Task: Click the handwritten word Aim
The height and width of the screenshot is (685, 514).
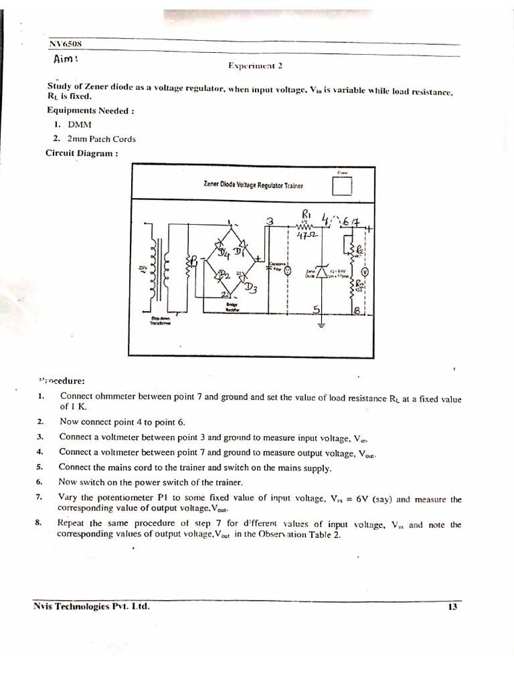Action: (x=66, y=60)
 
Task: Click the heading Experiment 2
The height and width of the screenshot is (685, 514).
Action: (x=256, y=66)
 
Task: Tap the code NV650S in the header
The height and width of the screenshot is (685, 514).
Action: (x=64, y=44)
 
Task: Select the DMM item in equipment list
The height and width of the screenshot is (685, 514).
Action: (x=80, y=125)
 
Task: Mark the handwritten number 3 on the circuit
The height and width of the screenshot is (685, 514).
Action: (x=270, y=221)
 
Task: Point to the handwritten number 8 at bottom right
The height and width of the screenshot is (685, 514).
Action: (x=359, y=310)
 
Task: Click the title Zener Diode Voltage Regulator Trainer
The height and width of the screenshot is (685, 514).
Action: (x=253, y=185)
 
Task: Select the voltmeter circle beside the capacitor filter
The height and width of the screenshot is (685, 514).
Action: (x=288, y=270)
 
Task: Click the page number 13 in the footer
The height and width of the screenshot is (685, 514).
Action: (x=452, y=607)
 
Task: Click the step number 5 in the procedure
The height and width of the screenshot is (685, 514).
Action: (x=39, y=467)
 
